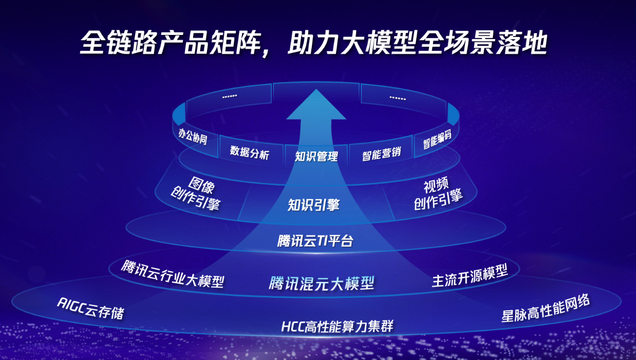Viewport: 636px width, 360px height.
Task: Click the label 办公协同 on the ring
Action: pyautogui.click(x=193, y=136)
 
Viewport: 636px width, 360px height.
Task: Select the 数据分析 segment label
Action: pyautogui.click(x=250, y=153)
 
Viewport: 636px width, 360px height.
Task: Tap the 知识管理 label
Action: pyautogui.click(x=316, y=156)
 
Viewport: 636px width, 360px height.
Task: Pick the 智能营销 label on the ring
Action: pyautogui.click(x=381, y=154)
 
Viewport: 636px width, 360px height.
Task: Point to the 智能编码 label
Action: pyautogui.click(x=437, y=139)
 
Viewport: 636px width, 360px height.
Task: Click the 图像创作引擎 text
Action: pyautogui.click(x=196, y=193)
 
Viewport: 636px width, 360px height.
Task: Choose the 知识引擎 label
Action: pyautogui.click(x=314, y=205)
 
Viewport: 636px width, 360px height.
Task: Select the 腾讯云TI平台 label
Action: pyautogui.click(x=315, y=241)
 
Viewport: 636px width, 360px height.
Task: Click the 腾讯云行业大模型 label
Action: pyautogui.click(x=173, y=274)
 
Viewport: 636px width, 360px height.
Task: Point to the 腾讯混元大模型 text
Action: pyautogui.click(x=322, y=283)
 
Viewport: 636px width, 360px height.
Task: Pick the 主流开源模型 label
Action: pyautogui.click(x=470, y=275)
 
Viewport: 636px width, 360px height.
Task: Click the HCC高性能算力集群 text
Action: pyautogui.click(x=338, y=326)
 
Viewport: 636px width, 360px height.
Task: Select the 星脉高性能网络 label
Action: pyautogui.click(x=546, y=309)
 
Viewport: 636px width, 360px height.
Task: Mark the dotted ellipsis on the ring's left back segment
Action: pyautogui.click(x=230, y=97)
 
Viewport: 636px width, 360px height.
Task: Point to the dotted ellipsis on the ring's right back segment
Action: pyautogui.click(x=398, y=98)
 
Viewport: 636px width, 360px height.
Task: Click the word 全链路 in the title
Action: pyautogui.click(x=119, y=43)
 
